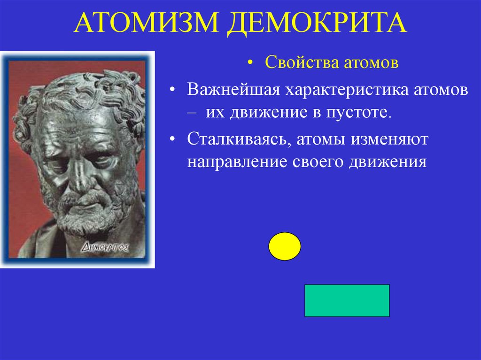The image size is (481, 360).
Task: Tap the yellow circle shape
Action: click(285, 246)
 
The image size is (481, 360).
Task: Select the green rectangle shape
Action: click(347, 300)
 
